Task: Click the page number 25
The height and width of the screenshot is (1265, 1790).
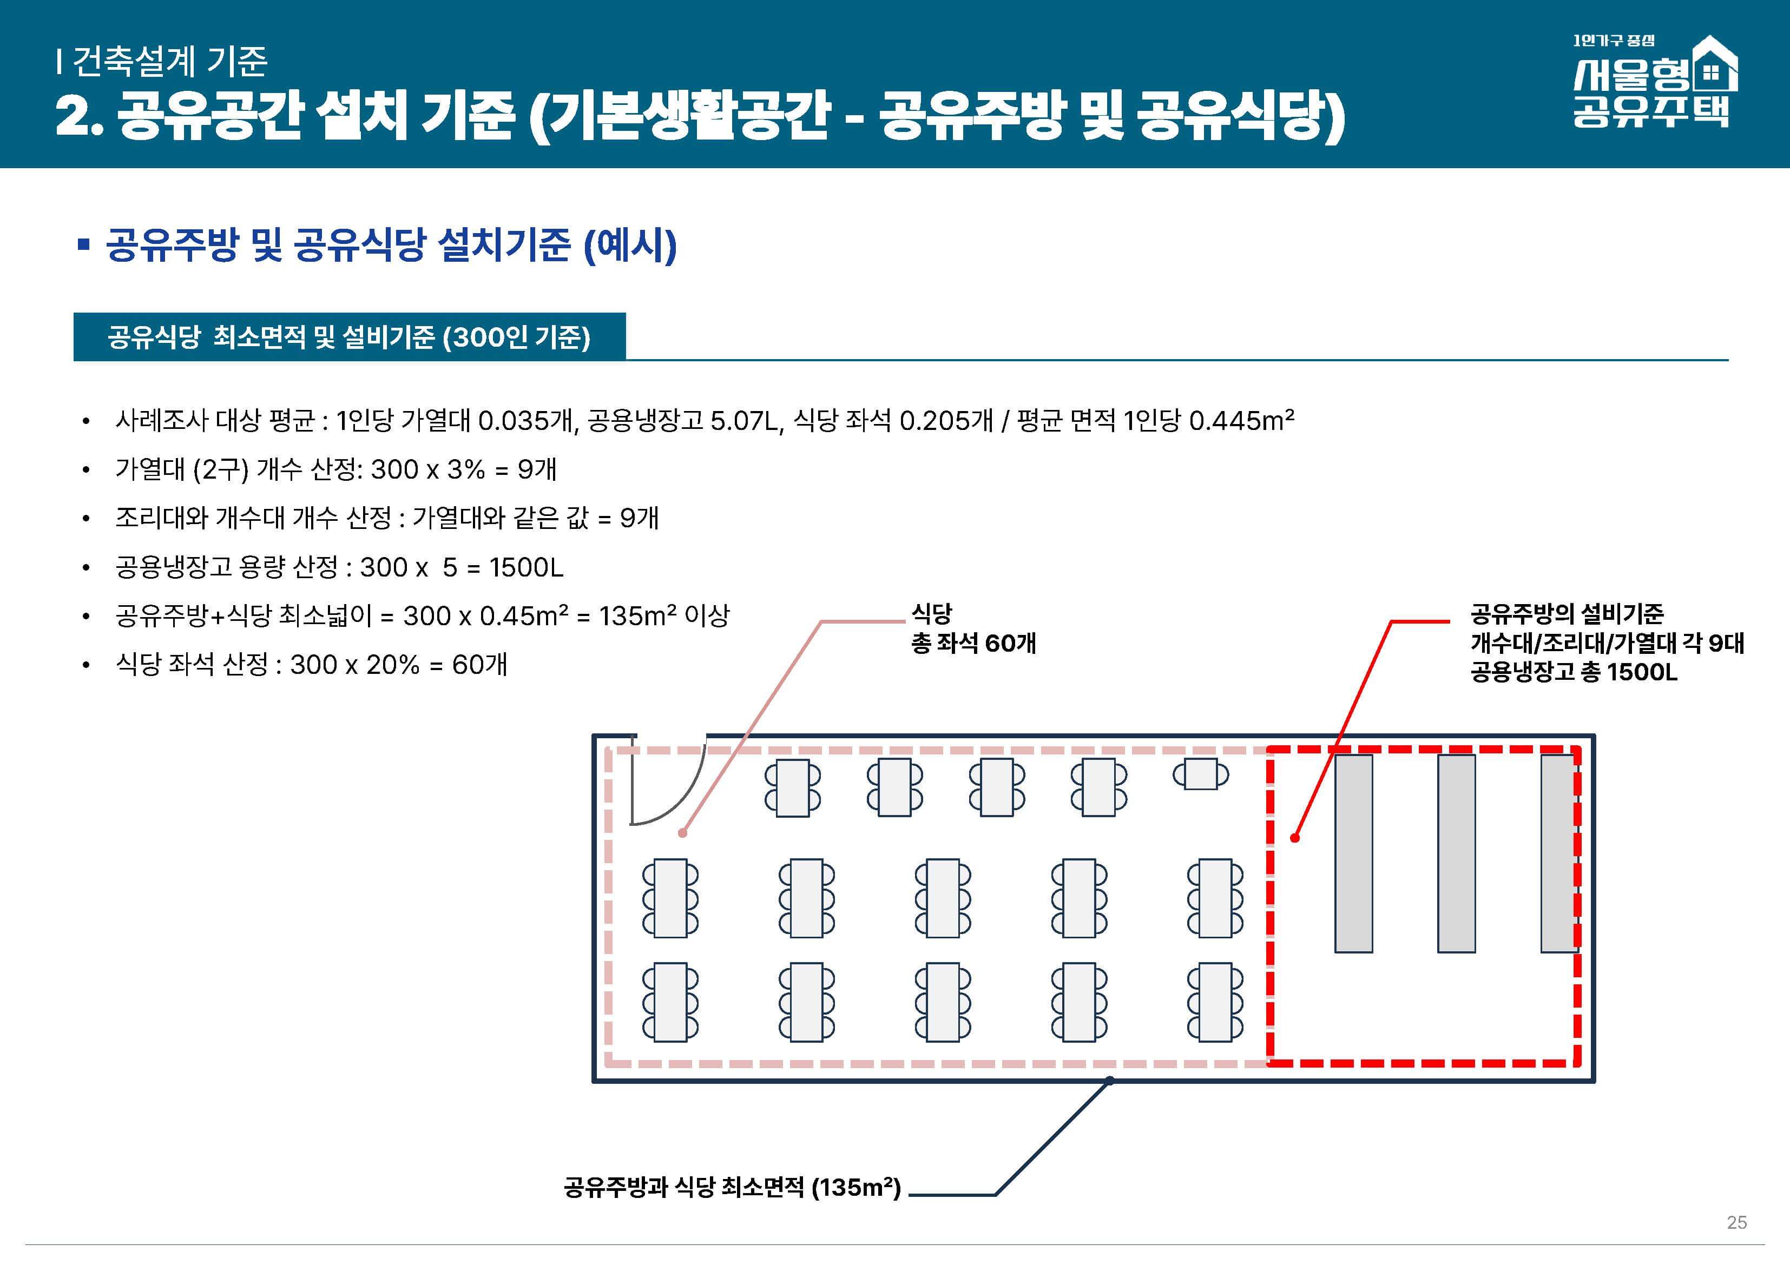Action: coord(1736,1222)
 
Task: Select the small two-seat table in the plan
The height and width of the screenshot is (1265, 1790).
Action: coord(1201,774)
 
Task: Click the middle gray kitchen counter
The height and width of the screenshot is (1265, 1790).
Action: coord(1456,853)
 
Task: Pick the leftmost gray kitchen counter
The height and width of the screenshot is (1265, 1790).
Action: coord(1353,853)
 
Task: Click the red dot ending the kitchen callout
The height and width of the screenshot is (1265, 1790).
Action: coord(1295,838)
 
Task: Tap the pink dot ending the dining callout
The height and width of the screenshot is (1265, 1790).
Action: coord(682,832)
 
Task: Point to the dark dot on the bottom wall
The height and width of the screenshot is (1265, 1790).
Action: coord(1109,1080)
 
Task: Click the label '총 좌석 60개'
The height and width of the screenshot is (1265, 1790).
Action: coord(973,643)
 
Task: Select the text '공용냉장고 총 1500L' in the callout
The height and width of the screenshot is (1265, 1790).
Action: coord(1573,672)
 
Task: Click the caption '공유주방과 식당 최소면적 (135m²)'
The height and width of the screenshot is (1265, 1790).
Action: coord(731,1187)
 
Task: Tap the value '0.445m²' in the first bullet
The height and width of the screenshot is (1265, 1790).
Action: coord(1241,421)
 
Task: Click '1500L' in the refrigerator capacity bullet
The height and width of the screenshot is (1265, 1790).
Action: coord(527,567)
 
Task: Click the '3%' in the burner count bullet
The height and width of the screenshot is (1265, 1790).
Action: coord(465,469)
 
